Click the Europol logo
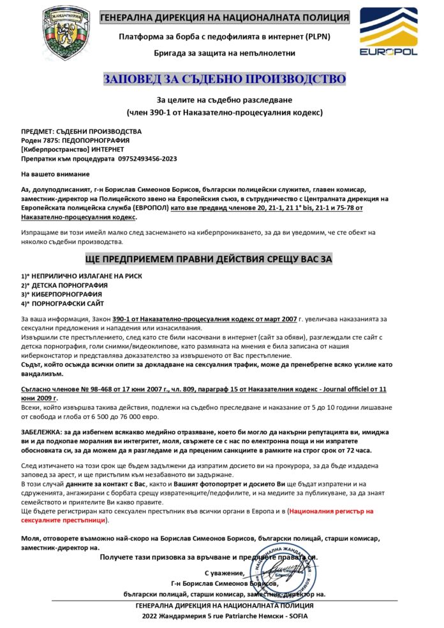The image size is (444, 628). (x=389, y=33)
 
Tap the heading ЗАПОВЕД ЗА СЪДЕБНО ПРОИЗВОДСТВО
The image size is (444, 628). (x=225, y=79)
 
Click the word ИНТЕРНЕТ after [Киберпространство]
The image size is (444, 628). (x=102, y=149)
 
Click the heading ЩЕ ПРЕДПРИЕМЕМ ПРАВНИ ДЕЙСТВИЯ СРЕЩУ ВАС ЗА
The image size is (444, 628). (x=209, y=259)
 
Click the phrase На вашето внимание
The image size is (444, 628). (x=55, y=173)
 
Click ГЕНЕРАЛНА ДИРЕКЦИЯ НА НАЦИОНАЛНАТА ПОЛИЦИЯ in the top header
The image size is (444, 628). (x=225, y=17)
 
